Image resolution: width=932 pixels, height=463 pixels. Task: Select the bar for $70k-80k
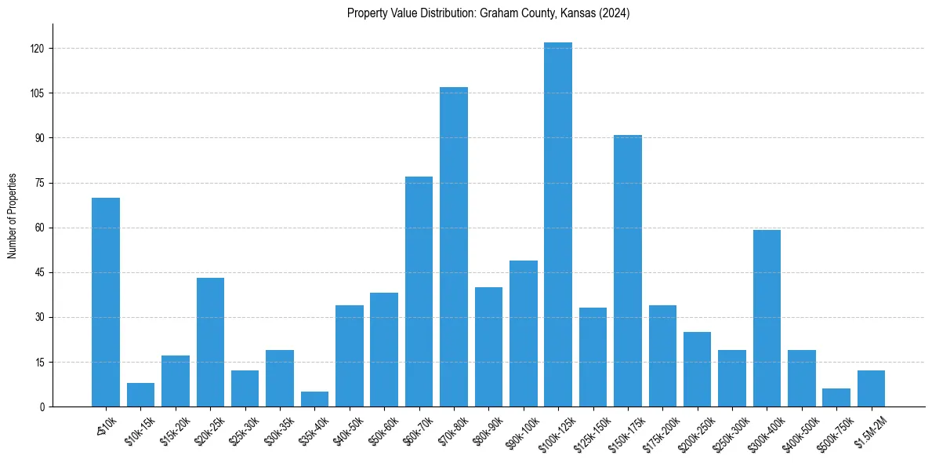pyautogui.click(x=453, y=246)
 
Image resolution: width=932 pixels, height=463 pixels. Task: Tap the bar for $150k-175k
pyautogui.click(x=627, y=271)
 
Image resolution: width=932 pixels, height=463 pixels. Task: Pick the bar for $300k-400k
pyautogui.click(x=767, y=318)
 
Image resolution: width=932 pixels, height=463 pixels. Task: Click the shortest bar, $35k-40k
pyautogui.click(x=314, y=399)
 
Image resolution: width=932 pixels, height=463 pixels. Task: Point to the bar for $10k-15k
pyautogui.click(x=140, y=395)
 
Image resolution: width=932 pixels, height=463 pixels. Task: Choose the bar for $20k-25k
pyautogui.click(x=210, y=342)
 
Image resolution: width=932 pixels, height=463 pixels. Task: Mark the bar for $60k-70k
pyautogui.click(x=419, y=291)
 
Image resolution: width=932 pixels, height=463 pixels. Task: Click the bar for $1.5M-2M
pyautogui.click(x=871, y=388)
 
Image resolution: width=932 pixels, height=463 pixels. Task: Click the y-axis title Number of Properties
pyautogui.click(x=12, y=216)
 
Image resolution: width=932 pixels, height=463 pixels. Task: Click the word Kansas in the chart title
pyautogui.click(x=576, y=13)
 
